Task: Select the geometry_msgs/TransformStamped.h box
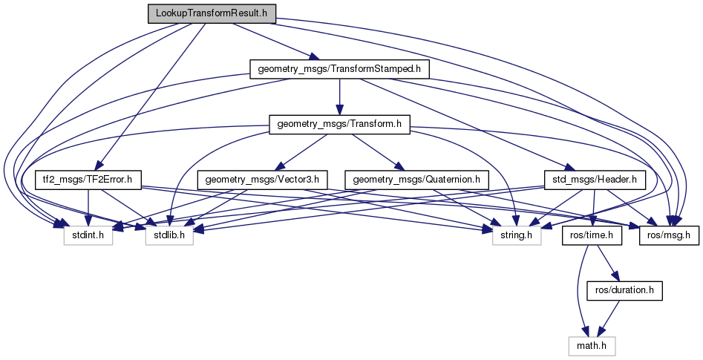339,70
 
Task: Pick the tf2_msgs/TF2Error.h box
88,180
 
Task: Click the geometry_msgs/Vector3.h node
261,180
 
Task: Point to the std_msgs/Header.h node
595,180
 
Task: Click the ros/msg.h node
670,235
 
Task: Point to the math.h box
592,345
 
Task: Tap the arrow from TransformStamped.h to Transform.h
339,97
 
